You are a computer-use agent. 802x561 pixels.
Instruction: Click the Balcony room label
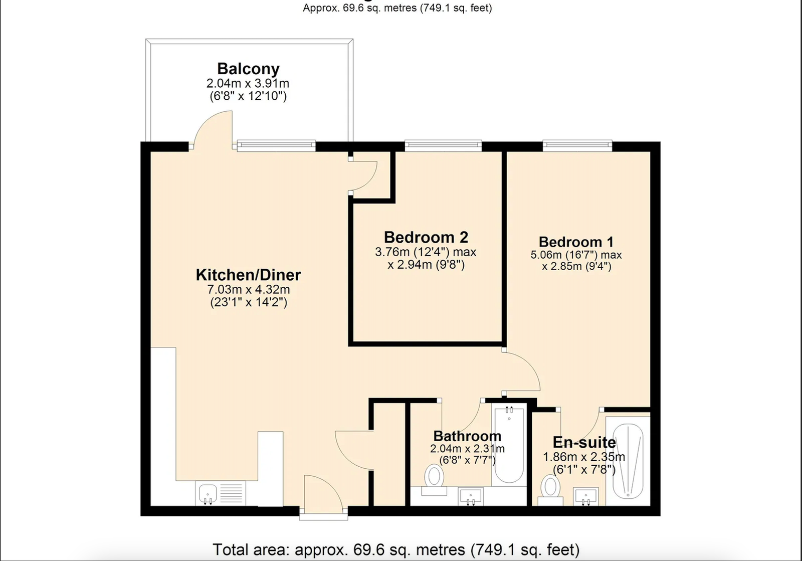point(248,69)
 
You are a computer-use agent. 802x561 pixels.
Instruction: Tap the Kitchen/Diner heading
point(248,275)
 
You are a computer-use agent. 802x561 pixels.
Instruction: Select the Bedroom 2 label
point(426,237)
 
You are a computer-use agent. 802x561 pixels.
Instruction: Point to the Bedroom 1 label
point(576,242)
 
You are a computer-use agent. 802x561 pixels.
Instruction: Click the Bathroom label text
point(467,436)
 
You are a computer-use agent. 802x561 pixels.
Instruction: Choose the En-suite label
point(584,443)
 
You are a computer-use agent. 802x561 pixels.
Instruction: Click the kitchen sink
point(208,494)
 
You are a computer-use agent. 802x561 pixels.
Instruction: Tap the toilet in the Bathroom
point(434,480)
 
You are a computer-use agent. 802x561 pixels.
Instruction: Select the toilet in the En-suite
point(550,490)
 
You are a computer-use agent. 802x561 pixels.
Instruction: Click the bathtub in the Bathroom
point(509,445)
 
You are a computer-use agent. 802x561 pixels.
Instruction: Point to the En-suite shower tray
point(628,461)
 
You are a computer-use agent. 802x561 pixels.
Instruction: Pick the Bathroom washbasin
point(471,496)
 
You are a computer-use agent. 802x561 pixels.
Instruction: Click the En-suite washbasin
point(586,496)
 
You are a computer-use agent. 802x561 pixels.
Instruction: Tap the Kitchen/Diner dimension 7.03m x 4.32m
point(248,289)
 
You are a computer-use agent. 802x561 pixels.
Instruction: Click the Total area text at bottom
point(396,549)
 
